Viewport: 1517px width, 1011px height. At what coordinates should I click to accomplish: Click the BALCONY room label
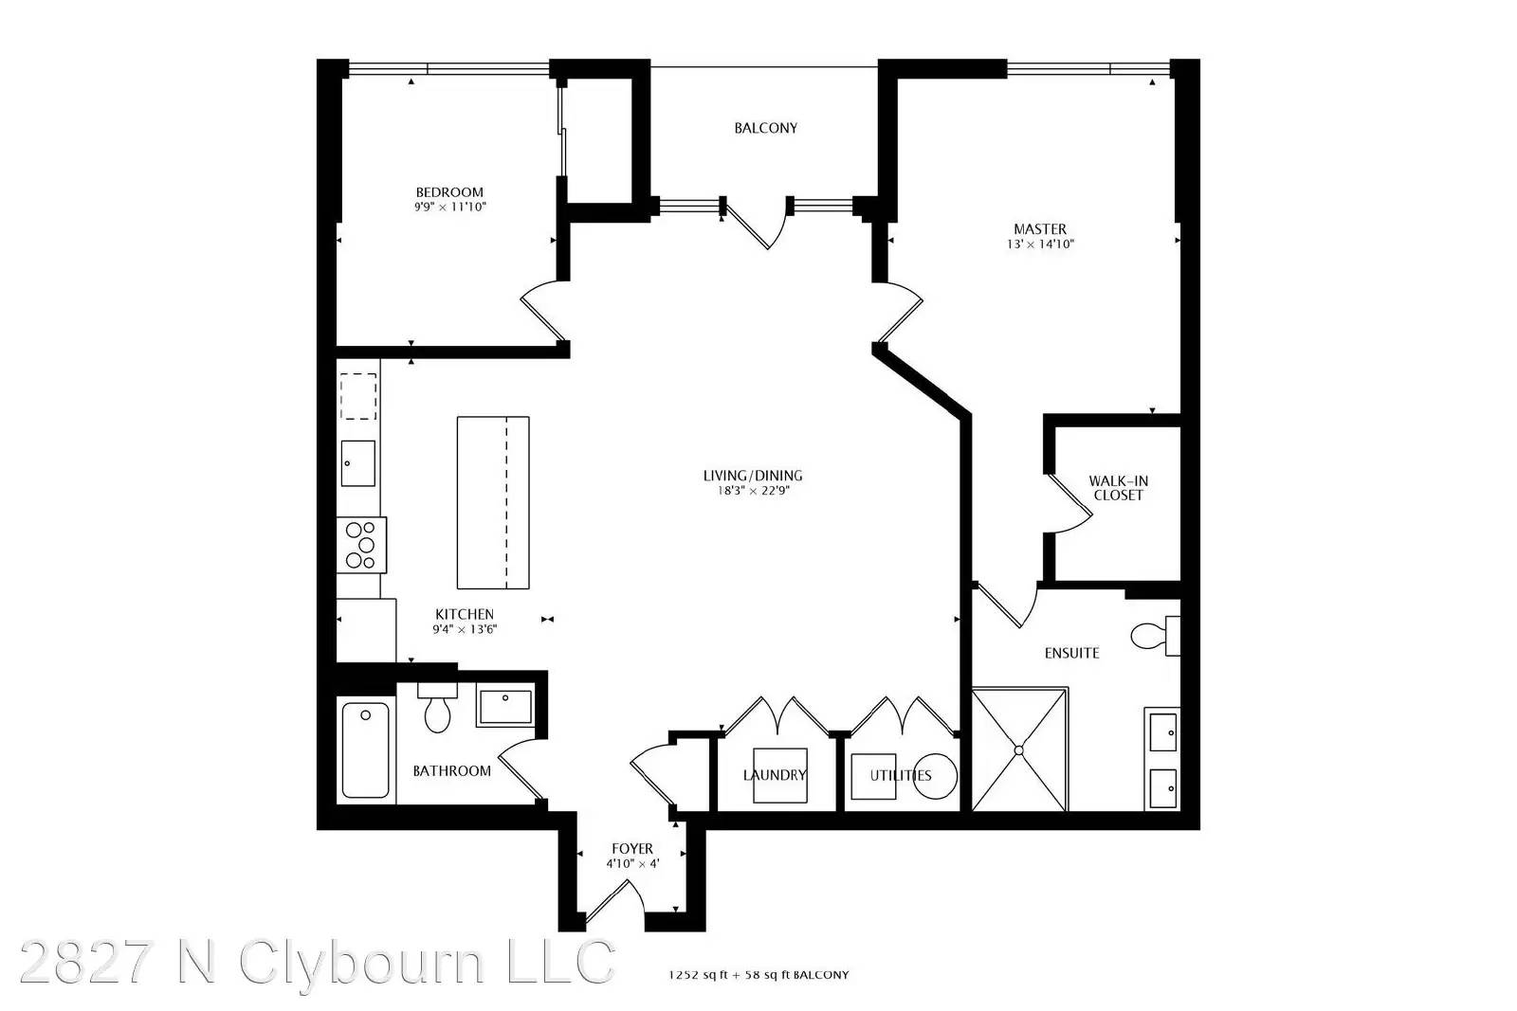pos(765,128)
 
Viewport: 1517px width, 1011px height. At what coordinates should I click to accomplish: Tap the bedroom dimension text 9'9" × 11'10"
pos(450,208)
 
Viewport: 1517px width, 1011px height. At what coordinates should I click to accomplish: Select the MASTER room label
pos(1039,229)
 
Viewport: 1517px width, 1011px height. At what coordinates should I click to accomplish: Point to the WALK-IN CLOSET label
pos(1118,488)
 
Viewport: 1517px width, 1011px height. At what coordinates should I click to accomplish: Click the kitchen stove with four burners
pos(361,546)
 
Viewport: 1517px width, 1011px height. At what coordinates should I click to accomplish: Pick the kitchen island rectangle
pos(493,503)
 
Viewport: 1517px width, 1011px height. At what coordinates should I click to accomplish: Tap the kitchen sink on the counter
pos(357,463)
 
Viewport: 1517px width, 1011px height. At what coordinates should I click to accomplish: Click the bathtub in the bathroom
pos(366,750)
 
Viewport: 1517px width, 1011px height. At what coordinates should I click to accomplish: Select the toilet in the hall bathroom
pos(437,708)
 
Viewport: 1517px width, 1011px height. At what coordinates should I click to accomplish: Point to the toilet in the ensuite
pos(1156,636)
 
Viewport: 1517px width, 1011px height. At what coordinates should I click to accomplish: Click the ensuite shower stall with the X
pos(1020,749)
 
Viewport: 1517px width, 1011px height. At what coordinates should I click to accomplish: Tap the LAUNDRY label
pos(775,775)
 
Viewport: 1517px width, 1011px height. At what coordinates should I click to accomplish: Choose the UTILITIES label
pos(901,775)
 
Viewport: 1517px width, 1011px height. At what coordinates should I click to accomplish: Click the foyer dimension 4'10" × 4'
pos(632,864)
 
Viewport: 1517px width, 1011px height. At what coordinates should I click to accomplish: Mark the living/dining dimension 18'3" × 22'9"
pos(753,491)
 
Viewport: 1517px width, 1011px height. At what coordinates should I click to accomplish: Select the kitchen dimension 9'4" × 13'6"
pos(465,629)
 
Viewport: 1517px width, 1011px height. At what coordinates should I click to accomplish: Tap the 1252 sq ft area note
pos(758,975)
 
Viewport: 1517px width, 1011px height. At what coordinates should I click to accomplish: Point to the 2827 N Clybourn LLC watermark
pos(317,963)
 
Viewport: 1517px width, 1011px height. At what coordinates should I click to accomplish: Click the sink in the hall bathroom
pos(504,705)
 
